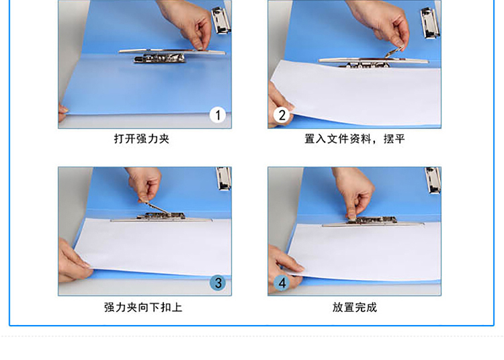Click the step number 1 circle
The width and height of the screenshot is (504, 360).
(x=218, y=115)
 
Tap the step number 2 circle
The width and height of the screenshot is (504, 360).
(x=282, y=115)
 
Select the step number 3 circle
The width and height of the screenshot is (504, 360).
(x=218, y=283)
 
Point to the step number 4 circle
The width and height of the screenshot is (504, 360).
(x=282, y=283)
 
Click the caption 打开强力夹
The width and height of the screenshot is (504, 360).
(x=142, y=139)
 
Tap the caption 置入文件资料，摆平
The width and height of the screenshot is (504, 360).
(x=355, y=139)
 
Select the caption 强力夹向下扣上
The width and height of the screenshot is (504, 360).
(x=143, y=308)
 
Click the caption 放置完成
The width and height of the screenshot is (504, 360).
(x=355, y=308)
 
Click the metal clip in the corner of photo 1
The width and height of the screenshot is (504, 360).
(x=221, y=20)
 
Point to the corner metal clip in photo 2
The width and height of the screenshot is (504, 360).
(x=430, y=23)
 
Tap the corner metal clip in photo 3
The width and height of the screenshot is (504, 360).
(x=224, y=179)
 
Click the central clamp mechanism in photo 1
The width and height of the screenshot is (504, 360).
(x=160, y=58)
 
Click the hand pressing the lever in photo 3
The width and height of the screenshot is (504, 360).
(x=144, y=185)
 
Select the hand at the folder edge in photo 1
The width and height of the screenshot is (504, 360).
(x=62, y=111)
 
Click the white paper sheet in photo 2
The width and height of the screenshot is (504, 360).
(x=355, y=93)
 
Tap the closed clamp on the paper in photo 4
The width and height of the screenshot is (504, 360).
(x=373, y=222)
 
